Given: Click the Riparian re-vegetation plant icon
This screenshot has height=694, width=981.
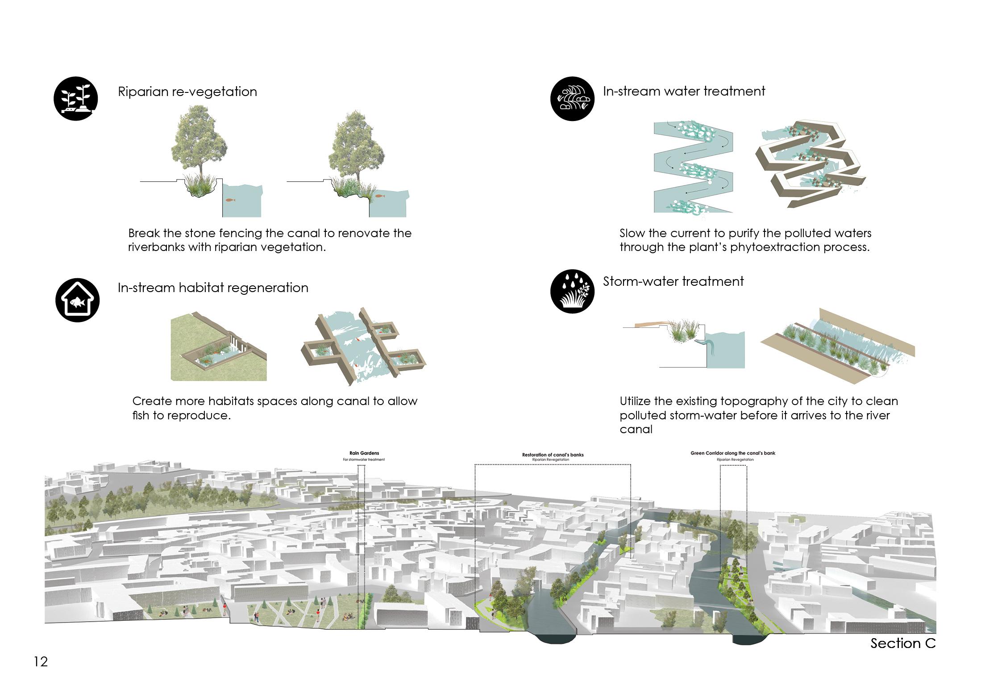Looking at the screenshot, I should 76,98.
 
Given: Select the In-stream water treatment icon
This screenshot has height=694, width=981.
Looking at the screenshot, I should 573,99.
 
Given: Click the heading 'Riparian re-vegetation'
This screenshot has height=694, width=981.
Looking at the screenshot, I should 187,92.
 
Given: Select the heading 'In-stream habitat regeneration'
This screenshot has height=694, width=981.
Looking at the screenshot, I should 213,288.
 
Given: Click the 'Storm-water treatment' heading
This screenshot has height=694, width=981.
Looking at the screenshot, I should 673,281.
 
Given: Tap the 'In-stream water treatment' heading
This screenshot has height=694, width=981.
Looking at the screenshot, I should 684,91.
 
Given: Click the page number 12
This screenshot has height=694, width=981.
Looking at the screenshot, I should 41,661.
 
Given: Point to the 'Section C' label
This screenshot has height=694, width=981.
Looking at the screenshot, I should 902,644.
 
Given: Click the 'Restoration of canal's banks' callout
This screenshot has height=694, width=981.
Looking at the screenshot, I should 553,455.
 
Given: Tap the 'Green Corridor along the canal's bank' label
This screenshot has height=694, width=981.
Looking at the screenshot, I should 732,453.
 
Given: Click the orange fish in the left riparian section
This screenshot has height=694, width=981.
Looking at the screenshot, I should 229,200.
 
